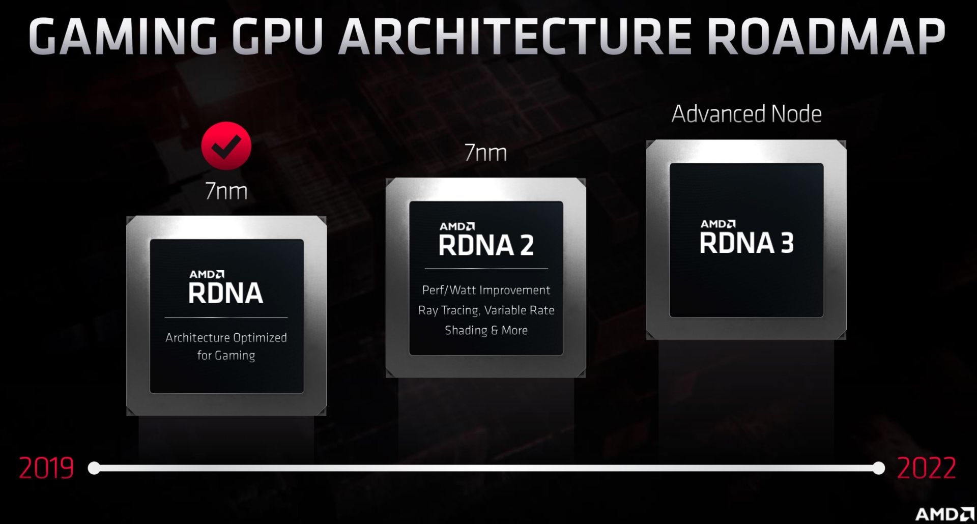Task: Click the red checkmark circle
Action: [226, 146]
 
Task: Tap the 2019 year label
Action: [46, 468]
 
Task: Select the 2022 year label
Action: [926, 468]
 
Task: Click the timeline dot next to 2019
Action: [94, 468]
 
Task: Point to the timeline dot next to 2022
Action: [879, 468]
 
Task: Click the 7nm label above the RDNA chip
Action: [226, 191]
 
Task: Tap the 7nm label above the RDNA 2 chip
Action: [486, 153]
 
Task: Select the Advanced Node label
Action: [746, 114]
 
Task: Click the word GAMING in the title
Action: [123, 36]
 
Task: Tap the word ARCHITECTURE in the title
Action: [515, 36]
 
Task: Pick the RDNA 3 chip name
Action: [746, 243]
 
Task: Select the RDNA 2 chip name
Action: [486, 245]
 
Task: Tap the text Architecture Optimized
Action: [226, 338]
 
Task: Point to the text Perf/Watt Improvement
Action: [486, 290]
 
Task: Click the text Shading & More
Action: [486, 330]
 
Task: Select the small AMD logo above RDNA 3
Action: [718, 224]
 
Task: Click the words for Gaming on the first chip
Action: [226, 356]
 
